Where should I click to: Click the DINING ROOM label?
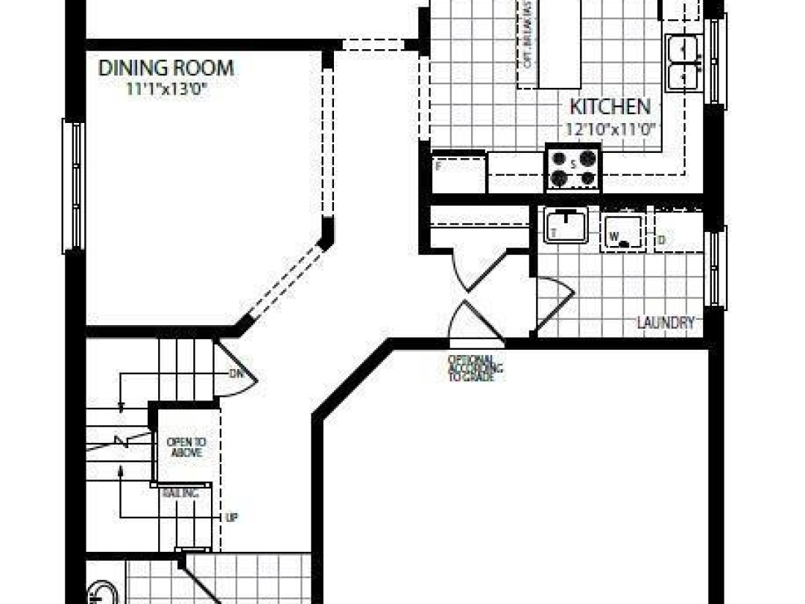[166, 68]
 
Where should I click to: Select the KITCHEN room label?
[610, 107]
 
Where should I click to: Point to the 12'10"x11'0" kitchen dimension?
[610, 129]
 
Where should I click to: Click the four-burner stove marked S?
[573, 167]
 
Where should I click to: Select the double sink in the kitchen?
[684, 63]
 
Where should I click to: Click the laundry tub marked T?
[566, 224]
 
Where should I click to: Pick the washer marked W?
[625, 233]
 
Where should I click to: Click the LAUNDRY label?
[666, 323]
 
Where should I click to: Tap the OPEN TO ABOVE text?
[184, 446]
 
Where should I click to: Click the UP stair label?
[231, 517]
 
